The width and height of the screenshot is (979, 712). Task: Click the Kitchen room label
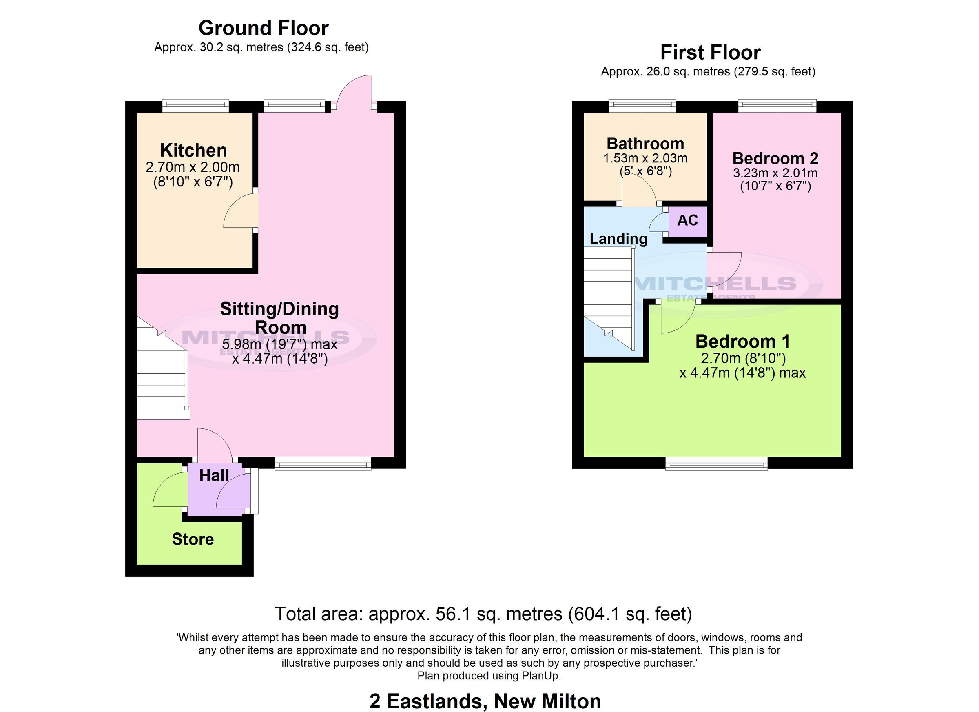click(193, 150)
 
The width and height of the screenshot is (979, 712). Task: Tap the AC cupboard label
click(687, 221)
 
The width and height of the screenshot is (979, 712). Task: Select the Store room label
click(193, 539)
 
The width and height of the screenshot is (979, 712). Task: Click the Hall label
click(214, 476)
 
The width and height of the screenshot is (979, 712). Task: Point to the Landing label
click(618, 239)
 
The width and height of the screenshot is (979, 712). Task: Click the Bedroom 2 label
click(775, 158)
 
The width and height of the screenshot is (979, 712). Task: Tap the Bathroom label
click(645, 143)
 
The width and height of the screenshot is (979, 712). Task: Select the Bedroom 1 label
click(742, 342)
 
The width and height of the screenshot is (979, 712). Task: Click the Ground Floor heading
click(264, 29)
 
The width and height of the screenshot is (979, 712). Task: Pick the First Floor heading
click(710, 53)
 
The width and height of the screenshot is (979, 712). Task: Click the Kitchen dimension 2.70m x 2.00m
click(193, 167)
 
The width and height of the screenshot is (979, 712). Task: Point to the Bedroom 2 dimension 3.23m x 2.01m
click(775, 173)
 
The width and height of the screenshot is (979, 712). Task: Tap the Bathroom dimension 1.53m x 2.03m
click(645, 158)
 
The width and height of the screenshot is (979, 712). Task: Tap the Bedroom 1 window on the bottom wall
click(717, 465)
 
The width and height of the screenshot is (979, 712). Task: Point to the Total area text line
click(483, 614)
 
